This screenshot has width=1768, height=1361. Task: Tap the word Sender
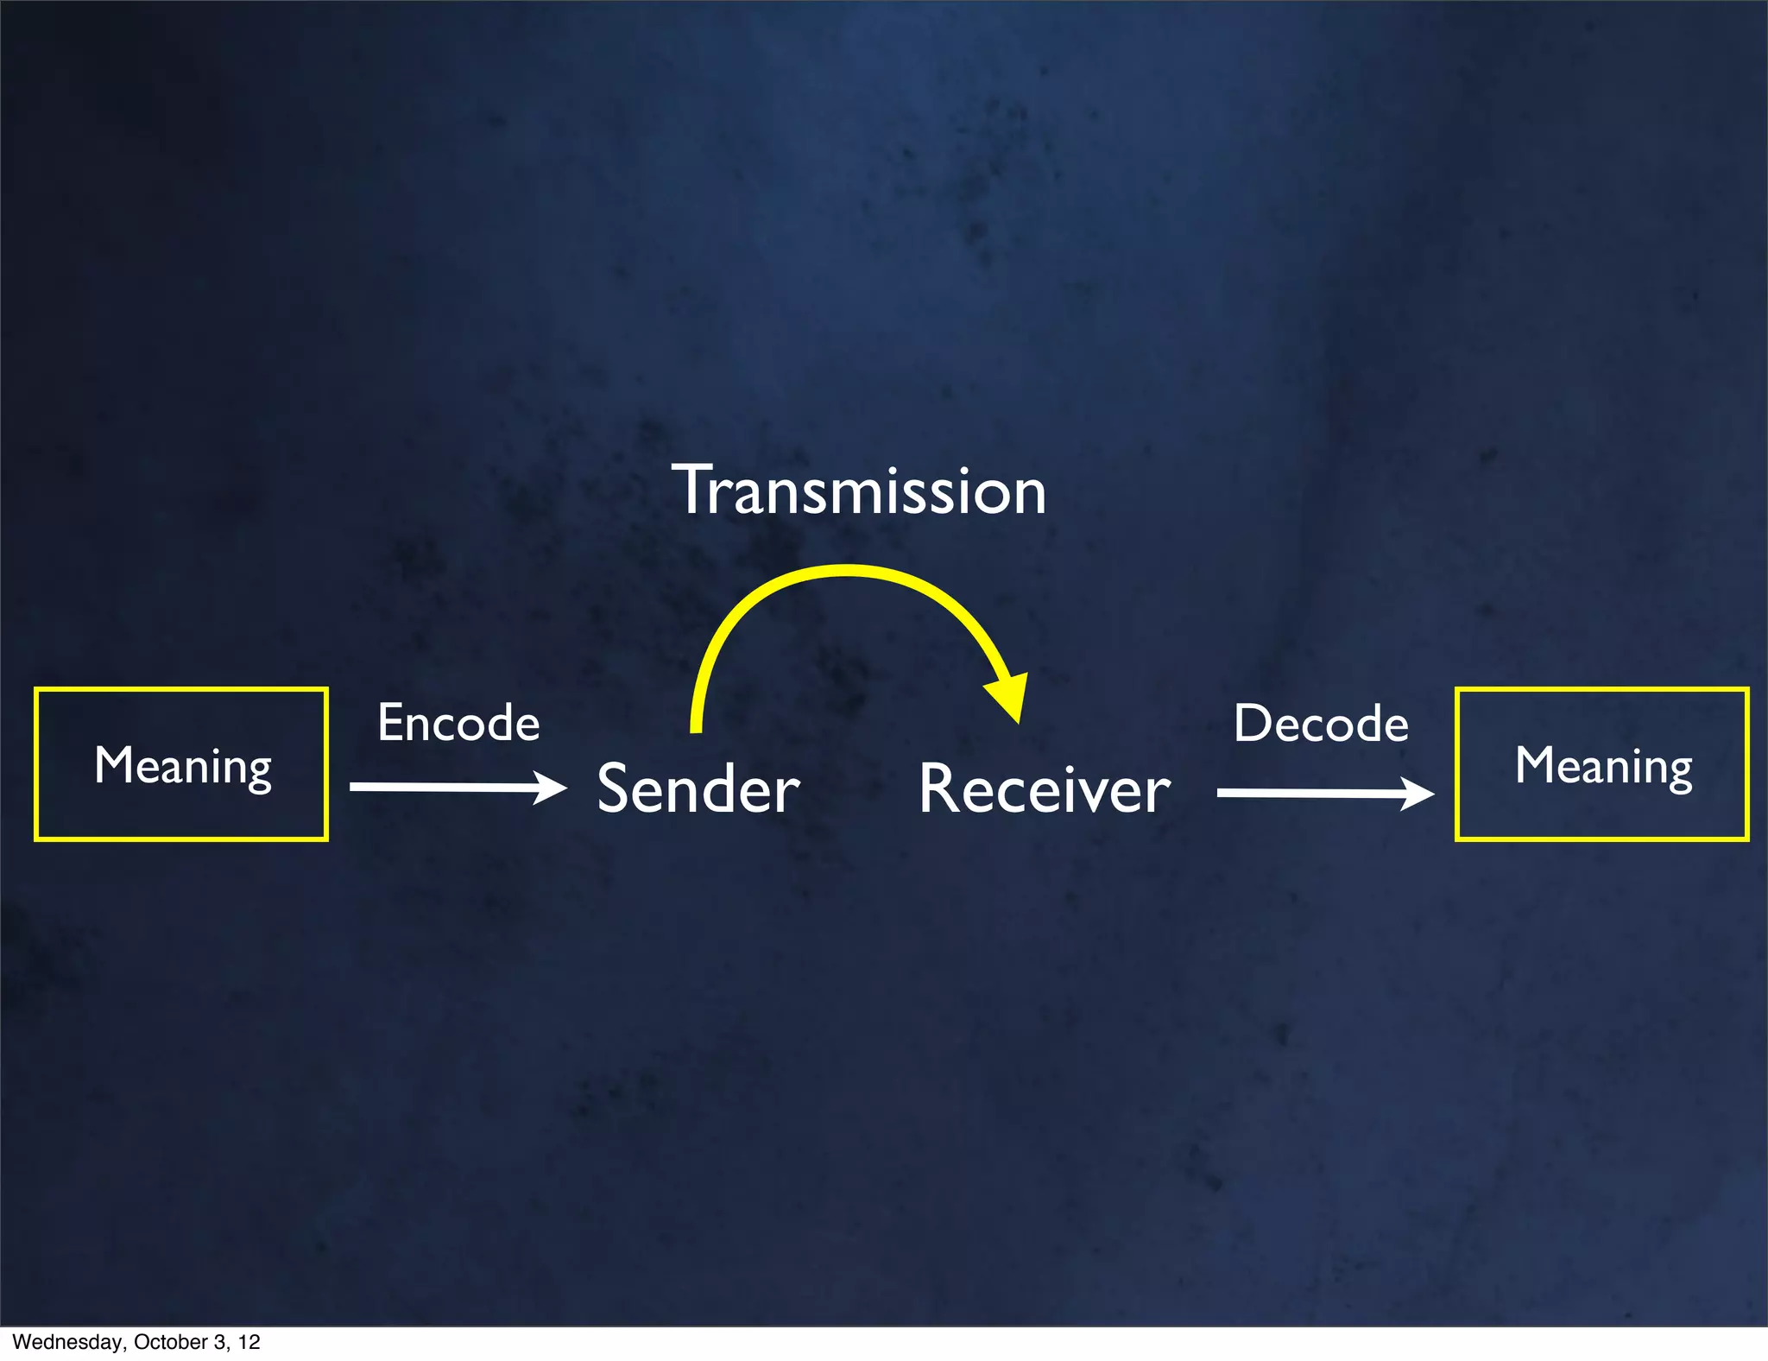pos(698,789)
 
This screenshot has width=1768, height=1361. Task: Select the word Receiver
pos(1044,789)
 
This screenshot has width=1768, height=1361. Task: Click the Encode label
pos(458,723)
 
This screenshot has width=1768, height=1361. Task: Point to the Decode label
pos(1321,724)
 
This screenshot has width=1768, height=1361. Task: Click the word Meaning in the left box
pos(183,766)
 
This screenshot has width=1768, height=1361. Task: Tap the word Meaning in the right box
pos(1603,766)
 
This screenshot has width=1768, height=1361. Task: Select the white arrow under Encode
pos(449,787)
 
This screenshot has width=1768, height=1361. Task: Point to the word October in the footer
pos(170,1342)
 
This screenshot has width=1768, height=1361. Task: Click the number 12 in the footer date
pos(249,1342)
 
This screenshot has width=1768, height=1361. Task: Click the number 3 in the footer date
pos(220,1342)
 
